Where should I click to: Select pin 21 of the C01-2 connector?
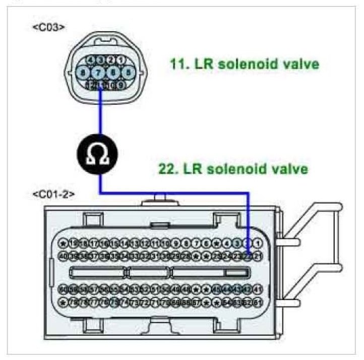[258, 256]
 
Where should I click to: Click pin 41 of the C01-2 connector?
[258, 290]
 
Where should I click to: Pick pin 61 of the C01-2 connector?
[258, 302]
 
